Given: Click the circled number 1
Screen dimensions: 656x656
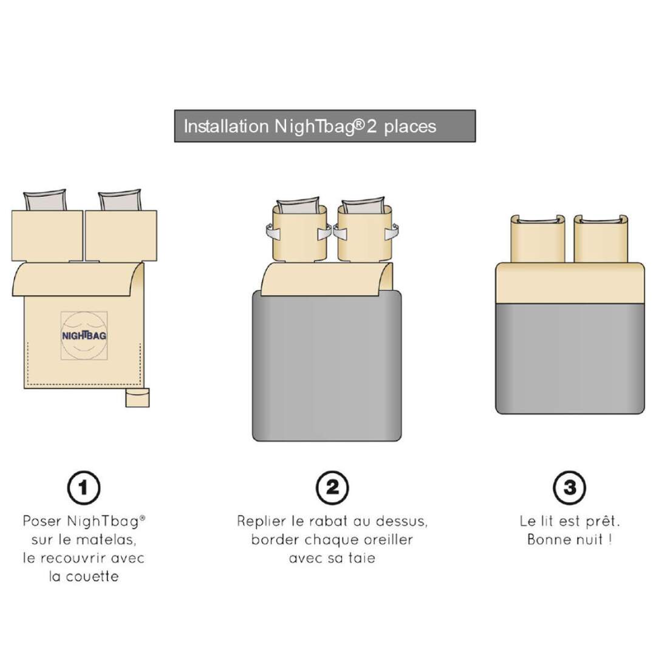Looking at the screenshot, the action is pyautogui.click(x=84, y=488).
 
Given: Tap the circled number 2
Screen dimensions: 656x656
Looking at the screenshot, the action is pyautogui.click(x=332, y=488).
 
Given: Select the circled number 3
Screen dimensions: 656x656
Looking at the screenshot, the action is pyautogui.click(x=569, y=488).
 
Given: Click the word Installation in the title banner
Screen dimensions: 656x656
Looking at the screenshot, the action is pyautogui.click(x=226, y=126).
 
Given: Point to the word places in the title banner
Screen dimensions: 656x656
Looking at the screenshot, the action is pyautogui.click(x=410, y=127).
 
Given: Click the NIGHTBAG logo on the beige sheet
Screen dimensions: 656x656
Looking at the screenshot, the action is pyautogui.click(x=84, y=335).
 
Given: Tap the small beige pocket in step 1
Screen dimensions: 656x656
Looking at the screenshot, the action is pyautogui.click(x=137, y=397).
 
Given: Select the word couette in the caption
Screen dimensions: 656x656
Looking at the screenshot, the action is pyautogui.click(x=92, y=576).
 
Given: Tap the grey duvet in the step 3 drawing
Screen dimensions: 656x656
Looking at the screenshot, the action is pyautogui.click(x=570, y=359).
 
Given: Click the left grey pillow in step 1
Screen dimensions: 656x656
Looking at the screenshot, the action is pyautogui.click(x=45, y=201).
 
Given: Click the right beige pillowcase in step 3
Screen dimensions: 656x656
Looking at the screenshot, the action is pyautogui.click(x=601, y=239).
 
